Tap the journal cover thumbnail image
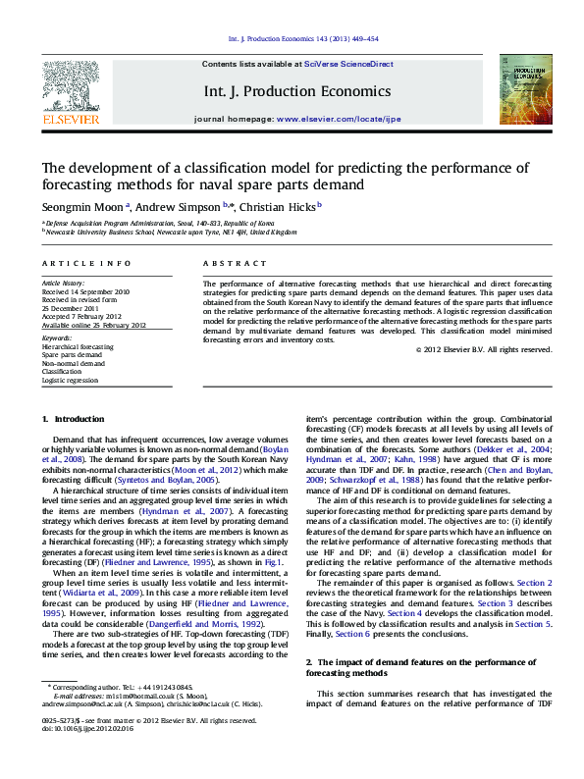[x=518, y=89]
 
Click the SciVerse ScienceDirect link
[x=347, y=64]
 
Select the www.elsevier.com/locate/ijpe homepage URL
[x=340, y=118]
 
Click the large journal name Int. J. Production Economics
[x=296, y=91]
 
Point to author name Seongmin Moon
[x=82, y=207]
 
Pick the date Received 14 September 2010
[x=85, y=292]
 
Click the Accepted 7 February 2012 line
[x=83, y=316]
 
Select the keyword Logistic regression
[x=70, y=380]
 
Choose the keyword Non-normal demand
[x=72, y=363]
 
